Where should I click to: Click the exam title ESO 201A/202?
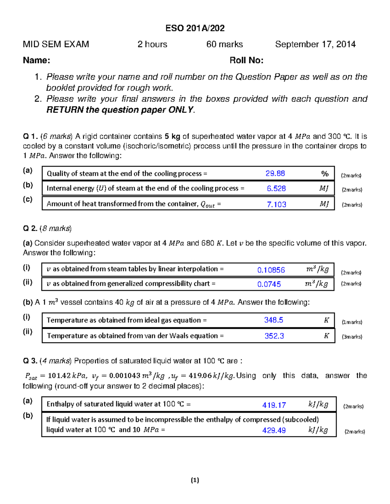[x=195, y=28]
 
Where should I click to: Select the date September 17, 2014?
[x=315, y=44]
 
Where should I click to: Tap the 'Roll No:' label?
[x=246, y=60]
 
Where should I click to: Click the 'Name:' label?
[x=36, y=60]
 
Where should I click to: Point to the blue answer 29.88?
[x=275, y=173]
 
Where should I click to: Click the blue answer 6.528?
[x=276, y=189]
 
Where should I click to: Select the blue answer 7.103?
[x=276, y=204]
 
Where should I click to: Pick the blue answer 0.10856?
[x=271, y=270]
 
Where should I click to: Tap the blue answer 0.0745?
[x=269, y=284]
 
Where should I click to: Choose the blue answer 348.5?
[x=274, y=320]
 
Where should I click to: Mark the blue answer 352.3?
[x=274, y=336]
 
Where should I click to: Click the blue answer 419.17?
[x=274, y=405]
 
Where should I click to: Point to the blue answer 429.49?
[x=274, y=430]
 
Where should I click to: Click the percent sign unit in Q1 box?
[x=325, y=174]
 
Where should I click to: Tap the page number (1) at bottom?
[x=195, y=480]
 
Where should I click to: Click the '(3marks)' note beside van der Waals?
[x=352, y=337]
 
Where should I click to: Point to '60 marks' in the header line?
[x=225, y=44]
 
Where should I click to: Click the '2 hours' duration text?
[x=152, y=44]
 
